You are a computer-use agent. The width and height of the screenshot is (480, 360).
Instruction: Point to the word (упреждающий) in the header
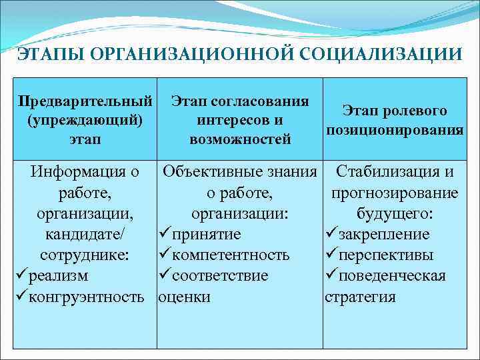coord(85,121)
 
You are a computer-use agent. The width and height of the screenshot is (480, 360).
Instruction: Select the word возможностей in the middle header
coord(240,140)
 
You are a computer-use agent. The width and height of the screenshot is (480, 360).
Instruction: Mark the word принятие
coord(206,235)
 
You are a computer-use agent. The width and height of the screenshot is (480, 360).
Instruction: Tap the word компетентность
coord(231,255)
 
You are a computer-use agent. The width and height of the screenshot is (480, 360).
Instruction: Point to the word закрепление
coord(384,235)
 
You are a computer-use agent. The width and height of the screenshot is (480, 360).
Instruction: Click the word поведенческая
coord(392,276)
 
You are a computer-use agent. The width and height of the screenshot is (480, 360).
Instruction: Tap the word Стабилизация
coord(388,172)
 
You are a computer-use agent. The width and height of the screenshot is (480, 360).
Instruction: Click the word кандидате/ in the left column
coord(85,235)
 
